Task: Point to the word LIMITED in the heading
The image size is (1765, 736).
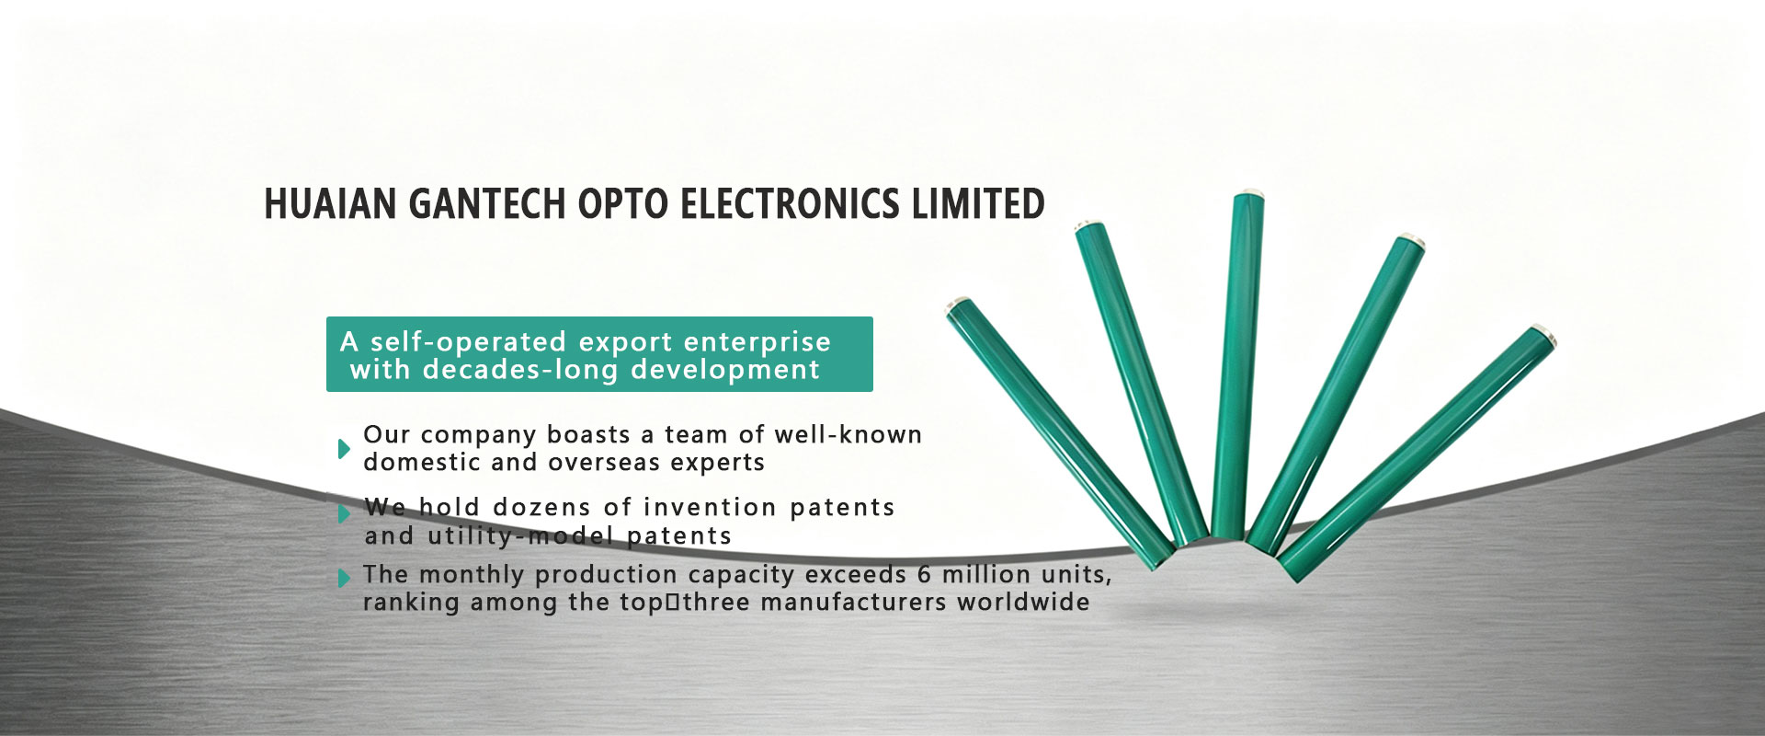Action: tap(978, 203)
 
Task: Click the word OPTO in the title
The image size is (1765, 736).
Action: tap(623, 203)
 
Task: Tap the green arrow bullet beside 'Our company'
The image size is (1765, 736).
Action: tap(344, 448)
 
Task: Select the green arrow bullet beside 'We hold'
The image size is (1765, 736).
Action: tap(344, 513)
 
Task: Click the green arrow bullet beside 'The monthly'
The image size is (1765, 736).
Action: tap(344, 578)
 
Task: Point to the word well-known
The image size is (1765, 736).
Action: tap(848, 434)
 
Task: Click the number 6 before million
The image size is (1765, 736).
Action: tap(924, 575)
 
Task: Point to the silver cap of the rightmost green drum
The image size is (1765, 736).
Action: tap(1544, 334)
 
